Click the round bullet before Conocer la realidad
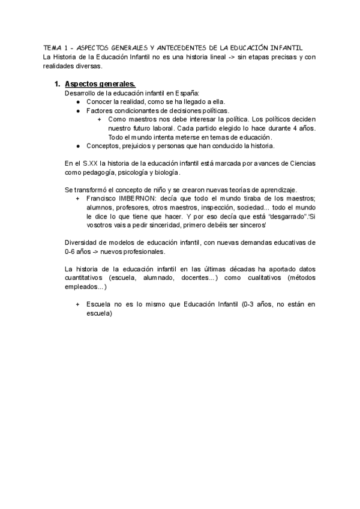pyautogui.click(x=79, y=102)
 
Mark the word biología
pyautogui.click(x=164, y=172)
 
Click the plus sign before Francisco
pyautogui.click(x=78, y=199)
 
